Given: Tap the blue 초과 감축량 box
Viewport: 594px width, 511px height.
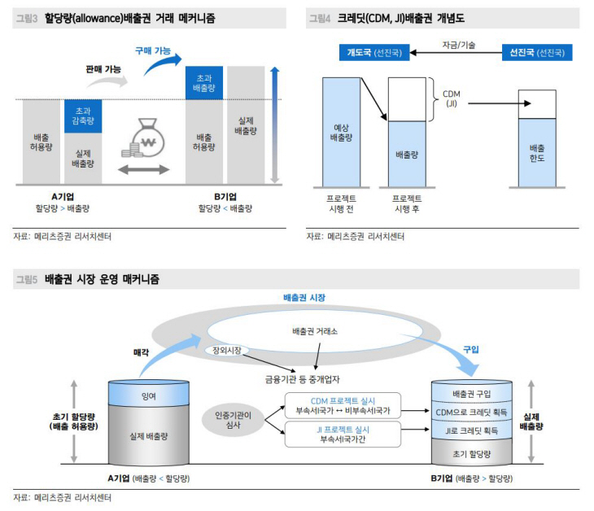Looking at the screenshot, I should point(82,116).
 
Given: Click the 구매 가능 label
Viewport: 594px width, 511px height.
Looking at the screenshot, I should point(152,50).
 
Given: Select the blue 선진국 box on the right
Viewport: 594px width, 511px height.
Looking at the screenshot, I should point(537,53).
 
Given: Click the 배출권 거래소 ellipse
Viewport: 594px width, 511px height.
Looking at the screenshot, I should point(314,332).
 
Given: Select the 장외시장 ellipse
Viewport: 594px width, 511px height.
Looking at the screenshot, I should point(228,351).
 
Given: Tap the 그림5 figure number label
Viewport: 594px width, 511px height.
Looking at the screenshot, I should point(26,279).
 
